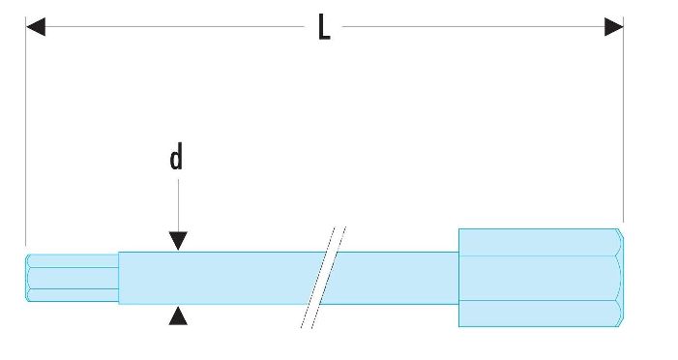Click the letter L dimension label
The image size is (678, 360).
click(324, 27)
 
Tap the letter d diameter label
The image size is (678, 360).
click(176, 156)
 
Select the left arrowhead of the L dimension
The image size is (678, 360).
click(36, 27)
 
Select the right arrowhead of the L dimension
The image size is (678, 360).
click(613, 27)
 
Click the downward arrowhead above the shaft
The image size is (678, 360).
click(178, 241)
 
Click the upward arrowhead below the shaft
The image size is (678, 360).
click(178, 315)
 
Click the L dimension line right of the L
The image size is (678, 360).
click(474, 27)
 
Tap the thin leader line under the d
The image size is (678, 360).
click(178, 205)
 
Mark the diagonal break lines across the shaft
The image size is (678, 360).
click(323, 278)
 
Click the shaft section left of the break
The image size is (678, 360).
click(217, 278)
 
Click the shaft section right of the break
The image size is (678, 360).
click(392, 278)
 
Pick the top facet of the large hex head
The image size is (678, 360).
click(539, 242)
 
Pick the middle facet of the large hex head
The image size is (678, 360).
click(540, 278)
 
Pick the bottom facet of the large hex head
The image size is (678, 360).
click(539, 314)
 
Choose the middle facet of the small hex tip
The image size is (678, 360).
click(73, 278)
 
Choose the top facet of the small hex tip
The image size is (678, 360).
click(73, 261)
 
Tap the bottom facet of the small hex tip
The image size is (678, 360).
click(73, 295)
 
